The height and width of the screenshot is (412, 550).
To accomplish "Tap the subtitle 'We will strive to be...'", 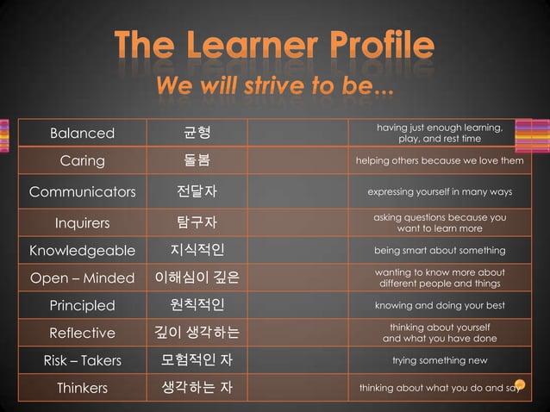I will pos(274,87).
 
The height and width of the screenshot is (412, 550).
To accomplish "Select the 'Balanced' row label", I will pos(82,134).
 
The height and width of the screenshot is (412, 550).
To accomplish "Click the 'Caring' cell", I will pos(82,161).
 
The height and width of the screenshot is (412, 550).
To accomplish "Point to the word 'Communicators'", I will pos(82,192).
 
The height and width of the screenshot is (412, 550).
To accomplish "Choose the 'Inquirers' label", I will pos(82,223).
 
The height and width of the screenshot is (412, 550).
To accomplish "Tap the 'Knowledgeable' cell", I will pos(82,251).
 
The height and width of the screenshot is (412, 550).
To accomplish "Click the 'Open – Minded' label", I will pos(82,278).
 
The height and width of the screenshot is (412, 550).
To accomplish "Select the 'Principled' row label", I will pos(82,305).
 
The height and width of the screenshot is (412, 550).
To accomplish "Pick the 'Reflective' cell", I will pos(82,333).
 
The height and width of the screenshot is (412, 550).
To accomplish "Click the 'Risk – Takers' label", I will pos(82,360).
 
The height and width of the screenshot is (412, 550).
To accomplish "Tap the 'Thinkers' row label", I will pos(82,388).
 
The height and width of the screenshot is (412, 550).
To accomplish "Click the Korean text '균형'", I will pos(197,134).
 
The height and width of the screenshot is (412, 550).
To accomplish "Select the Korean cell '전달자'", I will pos(197,192).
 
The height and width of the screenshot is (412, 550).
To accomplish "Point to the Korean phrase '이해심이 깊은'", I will pos(197,278).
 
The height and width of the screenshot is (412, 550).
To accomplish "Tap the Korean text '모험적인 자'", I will pos(197,360).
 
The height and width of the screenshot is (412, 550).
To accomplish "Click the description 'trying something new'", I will pos(440,360).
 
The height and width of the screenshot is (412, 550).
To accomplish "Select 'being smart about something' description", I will pos(440,251).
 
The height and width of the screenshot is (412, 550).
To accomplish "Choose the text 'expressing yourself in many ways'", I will pos(440,191).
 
